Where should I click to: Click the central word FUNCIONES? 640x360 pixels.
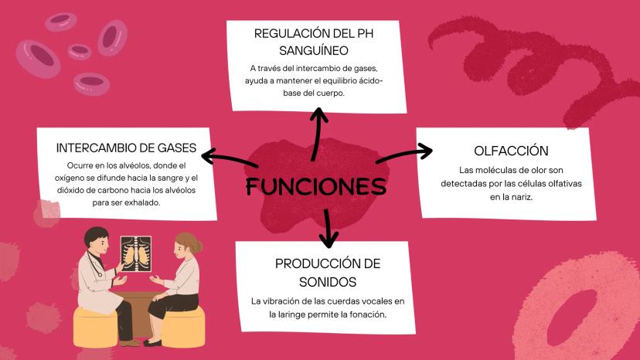coord(315,187)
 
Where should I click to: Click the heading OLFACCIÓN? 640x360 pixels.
coord(511,151)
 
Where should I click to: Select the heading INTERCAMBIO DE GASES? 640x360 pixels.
coord(125,148)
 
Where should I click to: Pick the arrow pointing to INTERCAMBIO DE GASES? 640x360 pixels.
coord(228,159)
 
